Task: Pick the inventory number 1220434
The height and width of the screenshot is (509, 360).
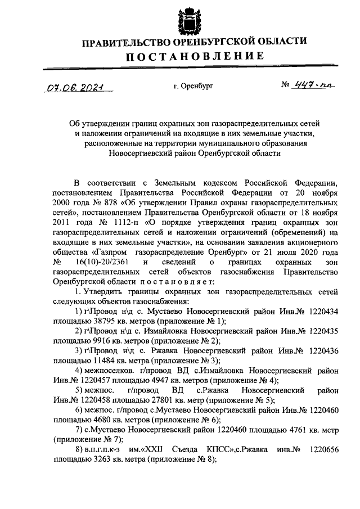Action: pos(320,312)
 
